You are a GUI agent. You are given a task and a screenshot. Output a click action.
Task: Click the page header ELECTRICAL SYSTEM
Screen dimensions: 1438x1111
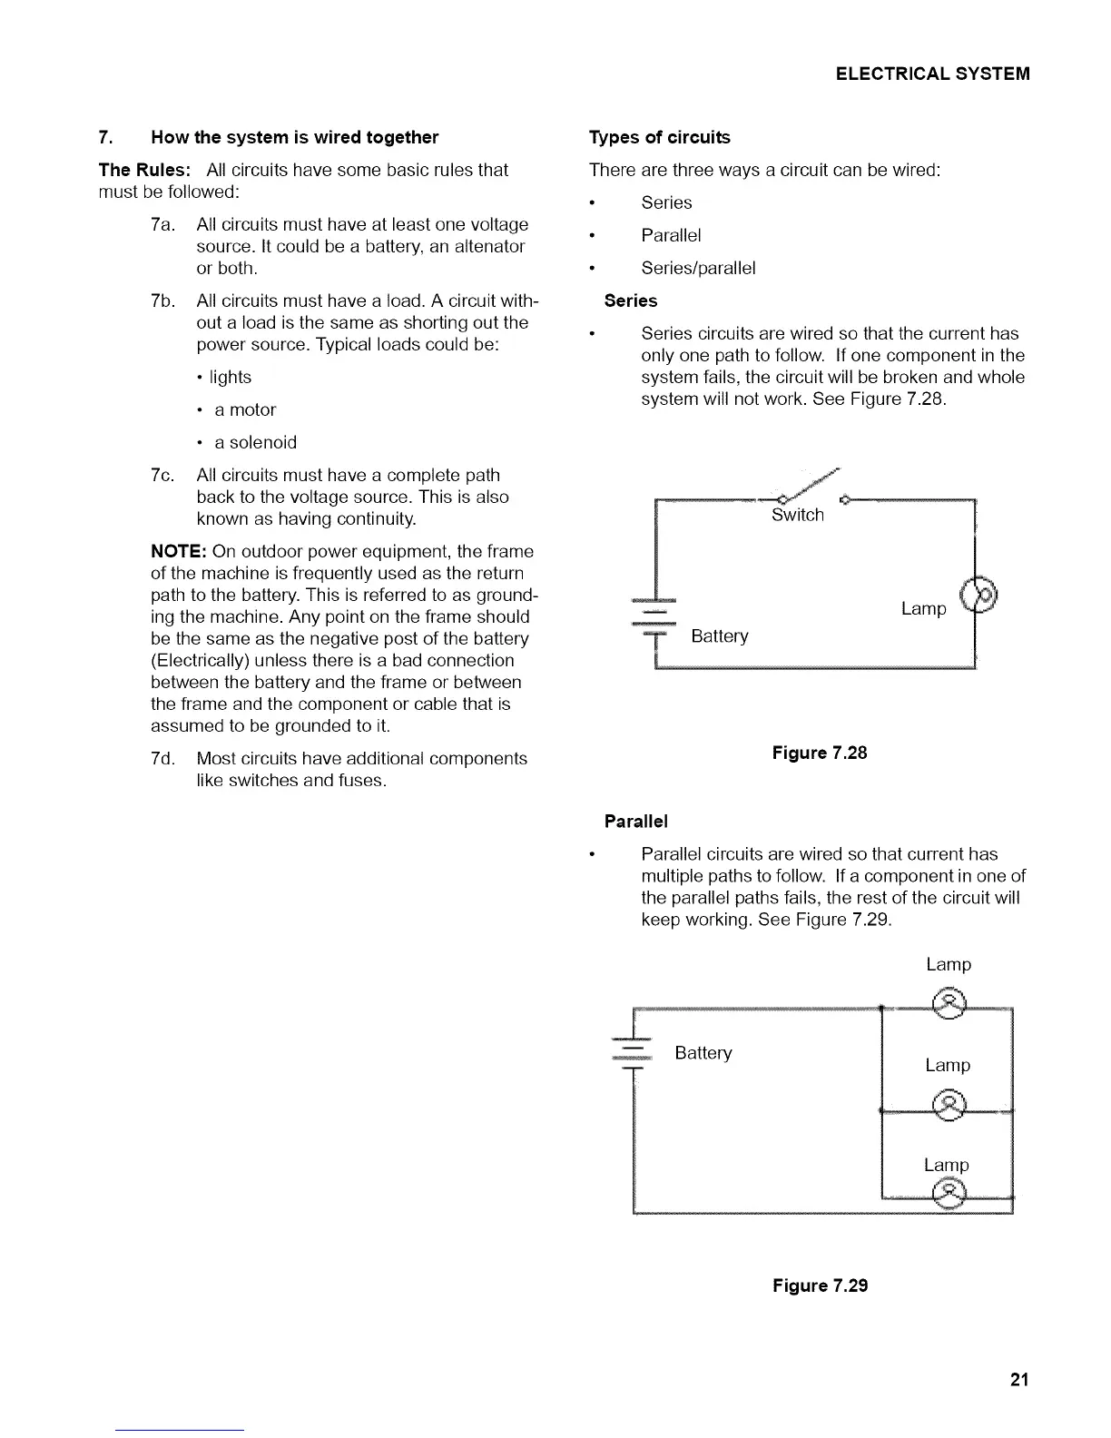933,74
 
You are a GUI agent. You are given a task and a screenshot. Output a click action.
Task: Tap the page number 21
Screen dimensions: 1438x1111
1019,1380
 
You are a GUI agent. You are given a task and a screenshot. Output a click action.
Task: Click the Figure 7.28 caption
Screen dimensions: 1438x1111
820,753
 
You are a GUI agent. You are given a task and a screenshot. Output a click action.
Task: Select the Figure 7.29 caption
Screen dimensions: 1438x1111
820,1285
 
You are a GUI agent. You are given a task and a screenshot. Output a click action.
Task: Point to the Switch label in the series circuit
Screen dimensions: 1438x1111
798,515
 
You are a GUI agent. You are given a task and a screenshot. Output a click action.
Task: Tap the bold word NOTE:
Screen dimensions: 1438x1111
179,552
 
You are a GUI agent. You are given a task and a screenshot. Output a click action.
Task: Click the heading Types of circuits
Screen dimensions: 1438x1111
659,137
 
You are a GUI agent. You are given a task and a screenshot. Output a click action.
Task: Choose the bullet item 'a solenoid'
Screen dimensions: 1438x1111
255,443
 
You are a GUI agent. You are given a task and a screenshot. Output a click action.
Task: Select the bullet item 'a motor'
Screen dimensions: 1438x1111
245,410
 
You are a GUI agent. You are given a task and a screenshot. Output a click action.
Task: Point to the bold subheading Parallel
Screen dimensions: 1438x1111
635,822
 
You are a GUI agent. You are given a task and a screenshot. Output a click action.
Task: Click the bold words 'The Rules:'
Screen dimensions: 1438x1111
144,170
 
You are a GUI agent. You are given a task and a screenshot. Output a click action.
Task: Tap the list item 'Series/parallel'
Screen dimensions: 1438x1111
698,268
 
